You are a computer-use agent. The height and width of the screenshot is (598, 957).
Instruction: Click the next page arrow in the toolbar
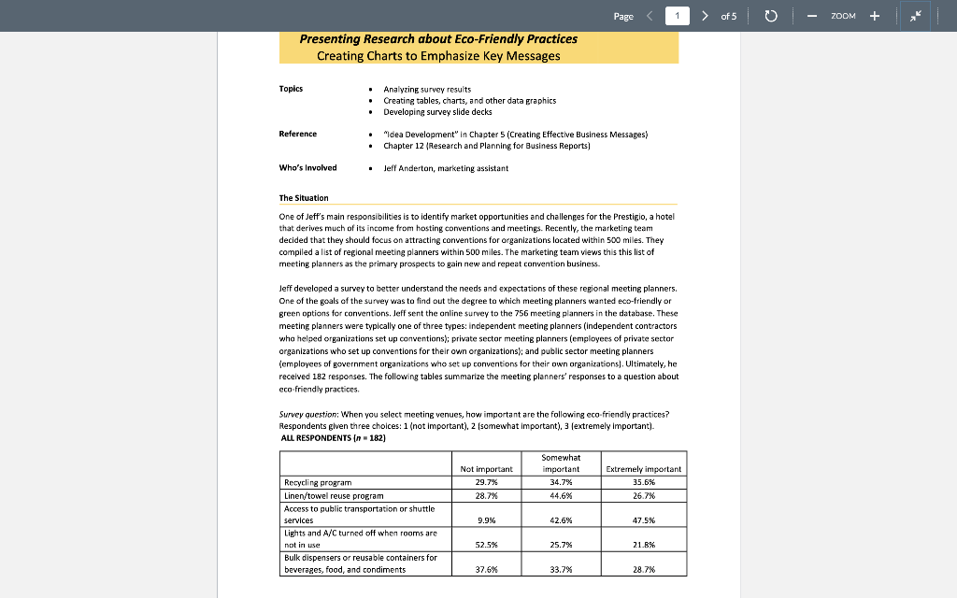705,16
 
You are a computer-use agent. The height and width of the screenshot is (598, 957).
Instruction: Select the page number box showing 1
678,16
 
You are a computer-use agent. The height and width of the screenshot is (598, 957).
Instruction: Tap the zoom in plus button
875,16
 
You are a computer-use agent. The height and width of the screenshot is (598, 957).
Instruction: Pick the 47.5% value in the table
645,520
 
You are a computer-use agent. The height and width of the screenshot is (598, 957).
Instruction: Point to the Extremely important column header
644,469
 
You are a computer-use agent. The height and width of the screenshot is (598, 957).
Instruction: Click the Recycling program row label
318,482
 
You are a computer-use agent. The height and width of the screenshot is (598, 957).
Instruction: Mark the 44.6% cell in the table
562,495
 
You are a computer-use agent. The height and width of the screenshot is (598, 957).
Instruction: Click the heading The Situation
304,198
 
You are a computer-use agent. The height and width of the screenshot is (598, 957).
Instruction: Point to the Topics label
291,89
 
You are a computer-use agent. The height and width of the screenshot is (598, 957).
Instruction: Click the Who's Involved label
307,168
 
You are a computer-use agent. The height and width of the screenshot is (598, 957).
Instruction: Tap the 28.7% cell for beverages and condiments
645,569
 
